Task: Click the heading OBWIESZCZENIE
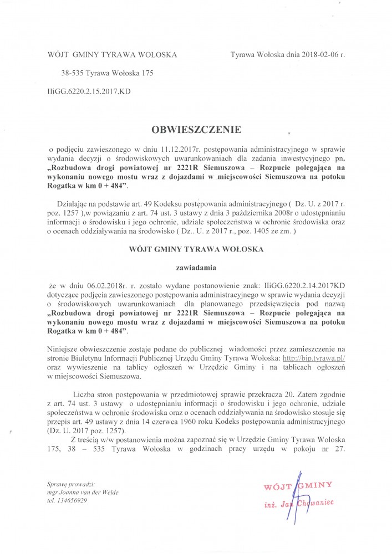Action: coord(196,130)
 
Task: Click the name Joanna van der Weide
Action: coord(89,492)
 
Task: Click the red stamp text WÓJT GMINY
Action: coord(298,485)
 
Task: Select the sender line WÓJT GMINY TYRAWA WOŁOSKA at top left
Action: coord(112,55)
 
